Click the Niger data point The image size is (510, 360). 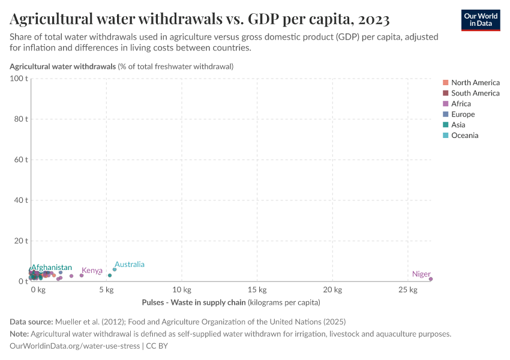tap(431, 279)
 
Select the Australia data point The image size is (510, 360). tap(115, 269)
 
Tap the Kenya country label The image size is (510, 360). tap(92, 271)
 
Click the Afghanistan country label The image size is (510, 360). tap(52, 268)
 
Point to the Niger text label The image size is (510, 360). tap(421, 274)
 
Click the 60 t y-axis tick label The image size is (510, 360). tap(20, 160)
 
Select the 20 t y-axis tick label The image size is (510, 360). tap(20, 241)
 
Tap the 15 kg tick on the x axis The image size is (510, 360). tap(257, 290)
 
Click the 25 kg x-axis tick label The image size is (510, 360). tap(407, 290)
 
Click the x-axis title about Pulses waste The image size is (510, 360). tap(231, 302)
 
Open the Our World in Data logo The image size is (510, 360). tap(480, 19)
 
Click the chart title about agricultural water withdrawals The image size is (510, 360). tap(200, 19)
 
